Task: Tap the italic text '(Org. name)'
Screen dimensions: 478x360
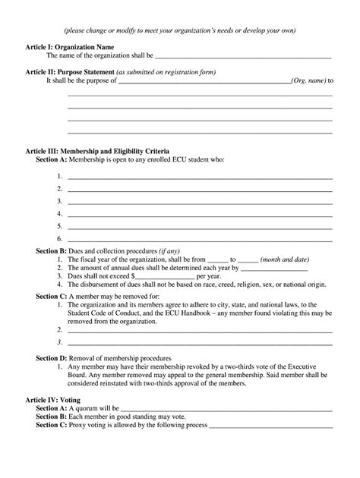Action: (x=308, y=80)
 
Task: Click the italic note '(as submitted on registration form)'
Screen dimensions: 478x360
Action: (x=168, y=72)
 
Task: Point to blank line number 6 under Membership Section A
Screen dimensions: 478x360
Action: (x=200, y=240)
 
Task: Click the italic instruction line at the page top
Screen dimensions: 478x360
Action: (x=180, y=30)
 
